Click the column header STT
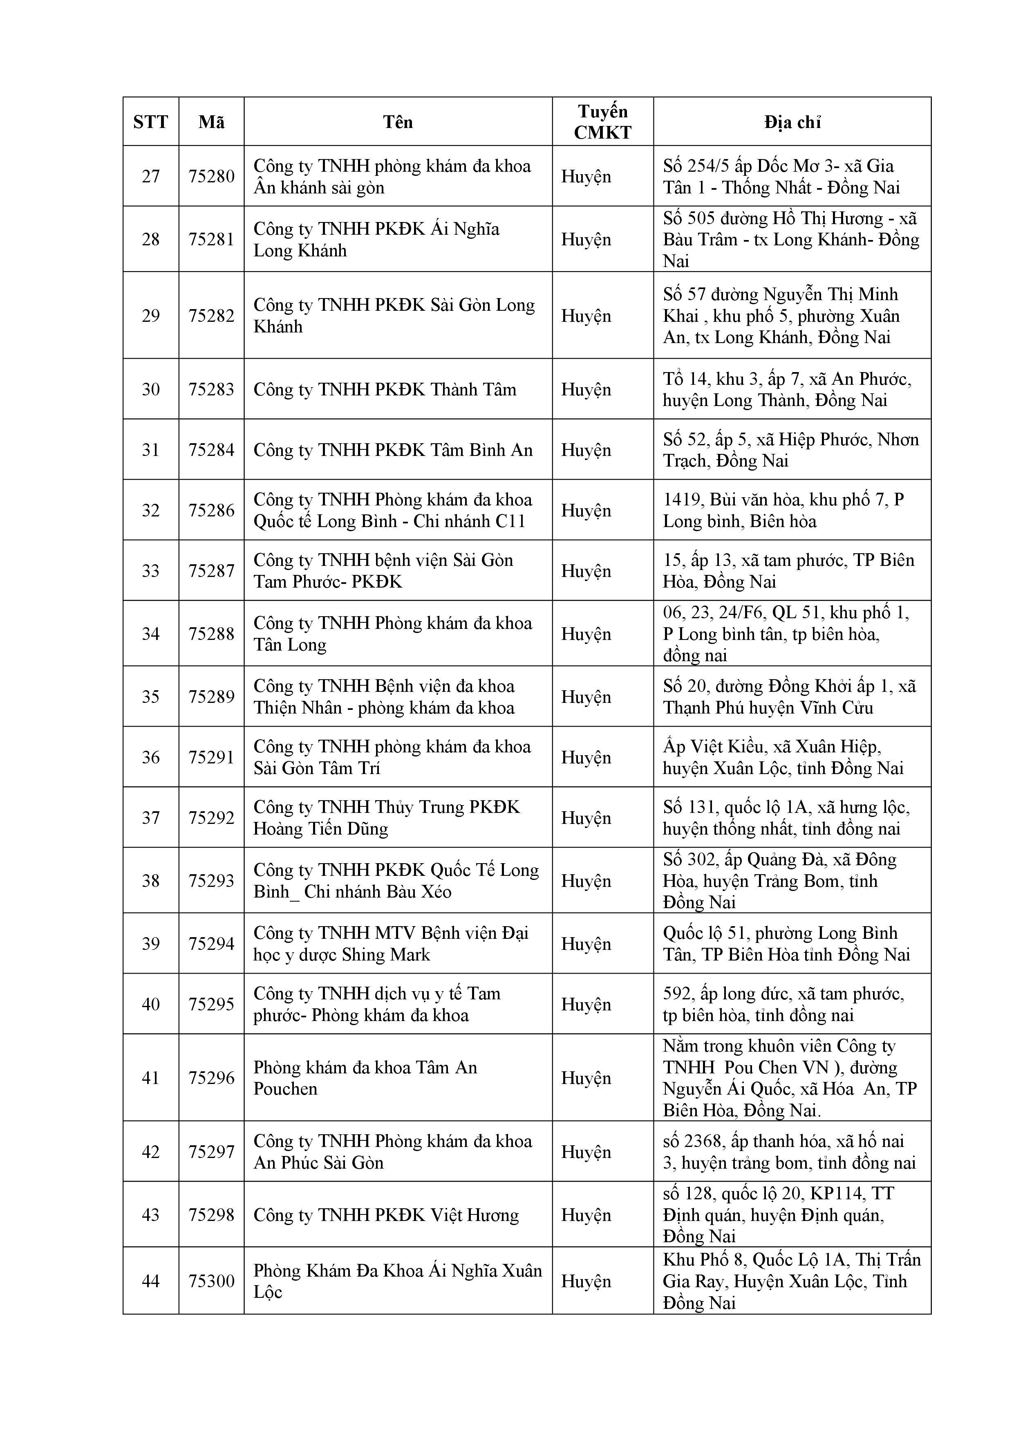click(x=150, y=122)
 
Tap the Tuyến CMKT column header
click(x=602, y=122)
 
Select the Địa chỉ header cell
click(x=792, y=122)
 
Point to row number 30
click(x=150, y=389)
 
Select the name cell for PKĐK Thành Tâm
click(x=385, y=389)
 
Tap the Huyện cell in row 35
click(x=586, y=696)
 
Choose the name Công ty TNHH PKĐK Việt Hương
click(x=386, y=1215)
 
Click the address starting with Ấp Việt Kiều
click(x=783, y=757)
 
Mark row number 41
click(x=150, y=1077)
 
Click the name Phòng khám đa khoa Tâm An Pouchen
click(x=365, y=1077)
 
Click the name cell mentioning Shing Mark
click(x=391, y=943)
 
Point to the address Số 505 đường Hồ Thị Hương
click(x=790, y=239)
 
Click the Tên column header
click(x=398, y=122)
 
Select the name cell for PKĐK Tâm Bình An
click(x=393, y=450)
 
